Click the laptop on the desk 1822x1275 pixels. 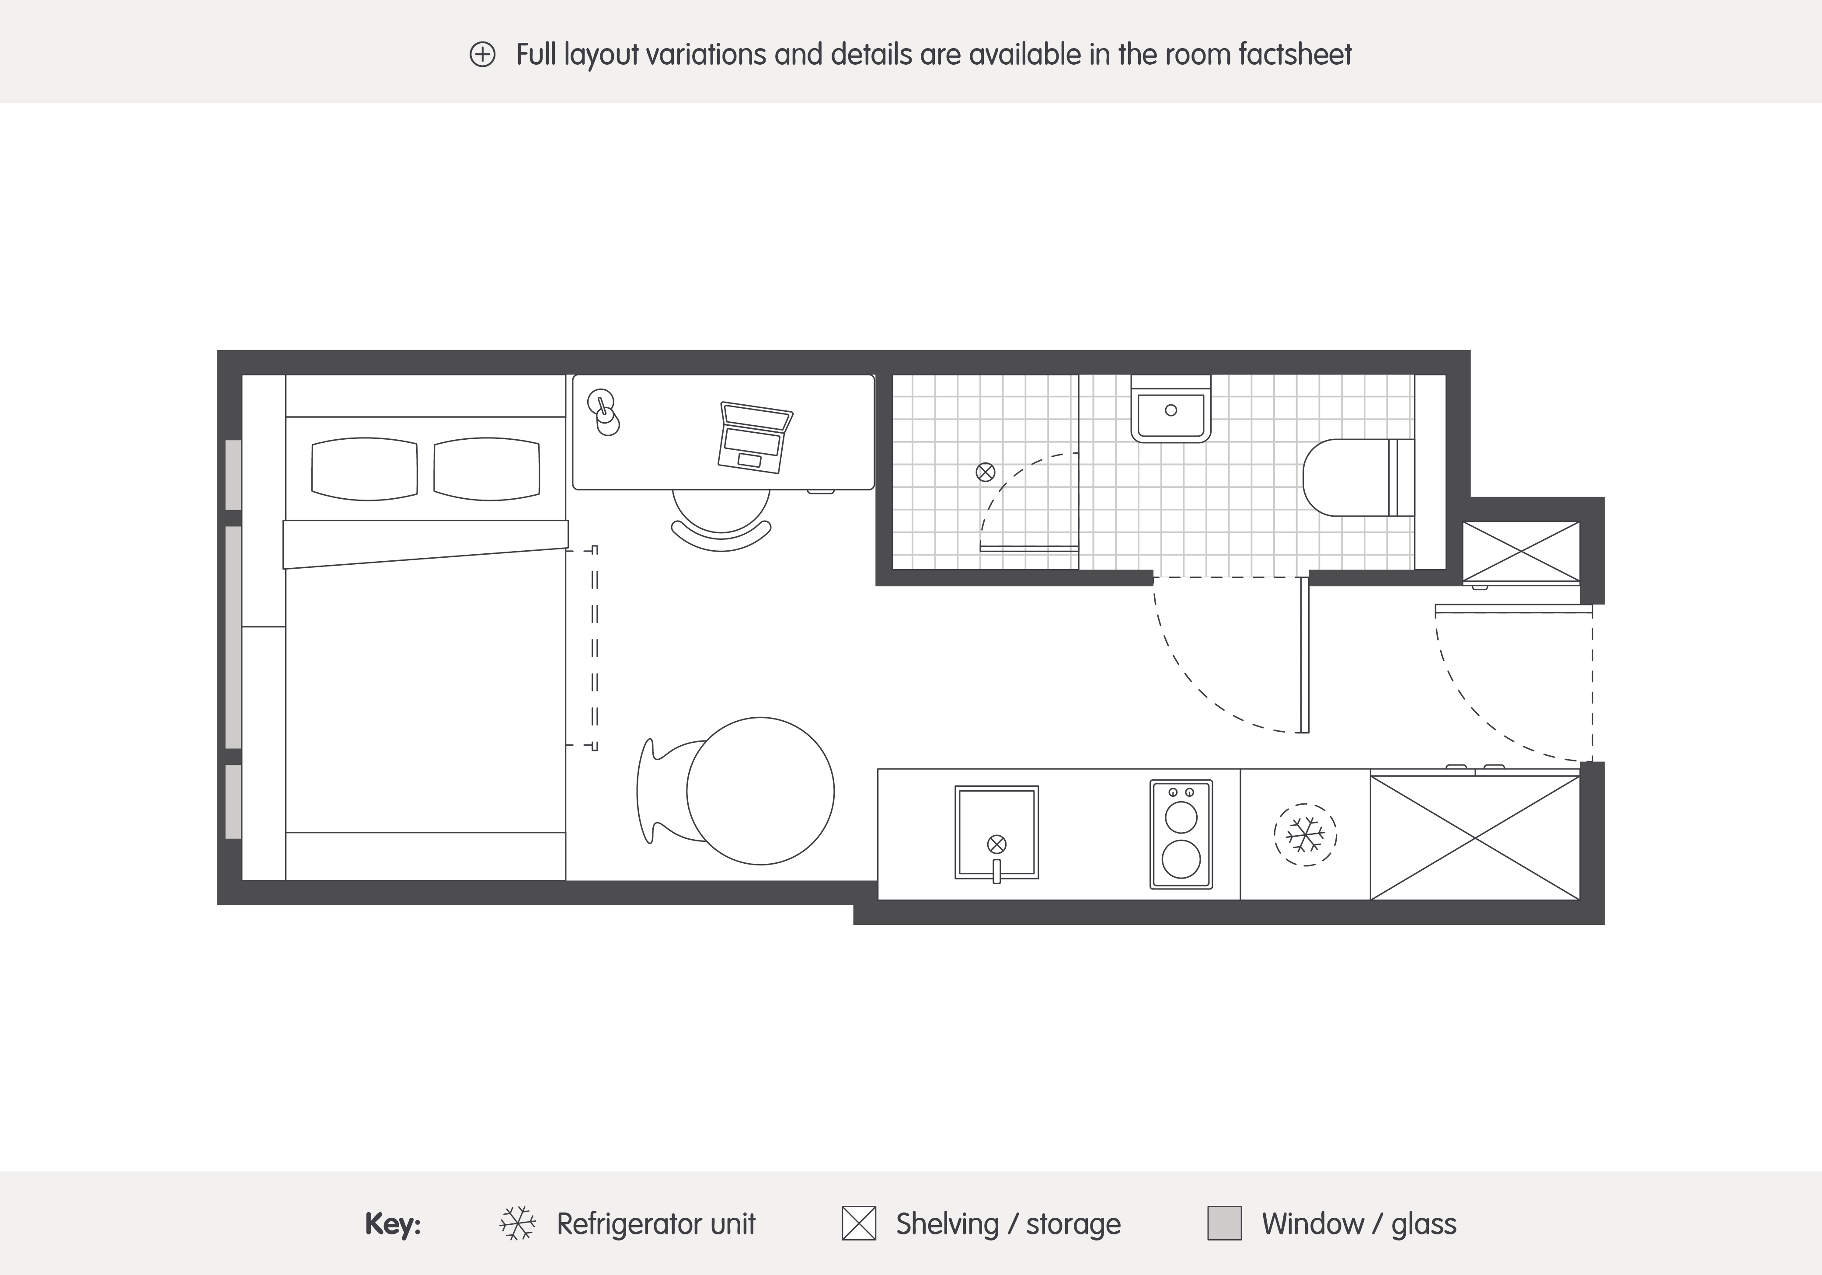click(x=755, y=437)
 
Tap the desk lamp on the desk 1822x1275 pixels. click(x=604, y=413)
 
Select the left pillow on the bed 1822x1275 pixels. click(x=365, y=469)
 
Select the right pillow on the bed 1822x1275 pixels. click(x=487, y=469)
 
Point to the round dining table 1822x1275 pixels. click(x=760, y=791)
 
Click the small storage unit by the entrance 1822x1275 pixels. click(x=1521, y=552)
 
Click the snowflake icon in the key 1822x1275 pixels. click(x=517, y=1223)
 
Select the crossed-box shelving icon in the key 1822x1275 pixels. click(x=859, y=1223)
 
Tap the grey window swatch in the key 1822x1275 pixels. click(x=1224, y=1223)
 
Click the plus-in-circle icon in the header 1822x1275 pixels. click(x=482, y=55)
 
